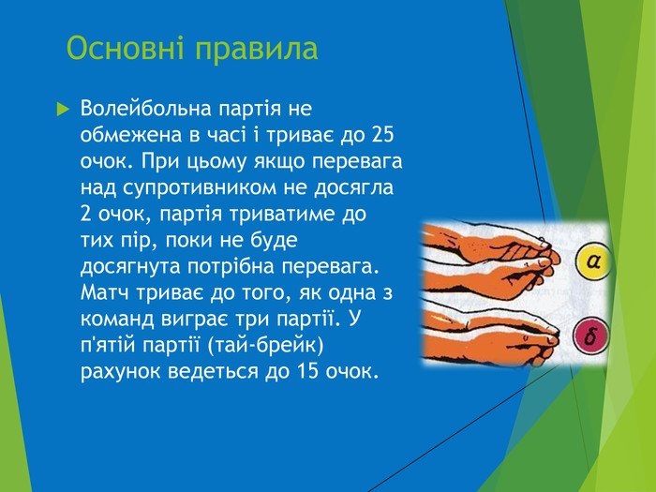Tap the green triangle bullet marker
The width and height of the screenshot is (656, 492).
(63, 110)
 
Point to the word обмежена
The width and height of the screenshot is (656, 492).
(130, 135)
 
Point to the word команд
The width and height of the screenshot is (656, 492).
(120, 320)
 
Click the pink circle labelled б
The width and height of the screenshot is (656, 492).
(591, 335)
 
